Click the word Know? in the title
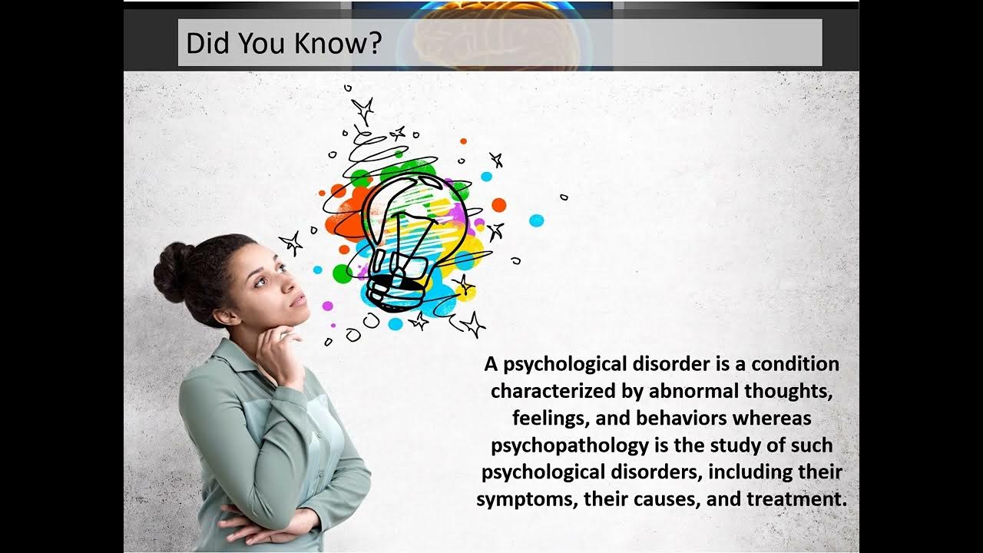[338, 43]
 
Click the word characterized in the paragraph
[554, 391]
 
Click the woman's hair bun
[173, 273]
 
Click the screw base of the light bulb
[392, 294]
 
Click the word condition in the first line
[795, 364]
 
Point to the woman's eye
[261, 282]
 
